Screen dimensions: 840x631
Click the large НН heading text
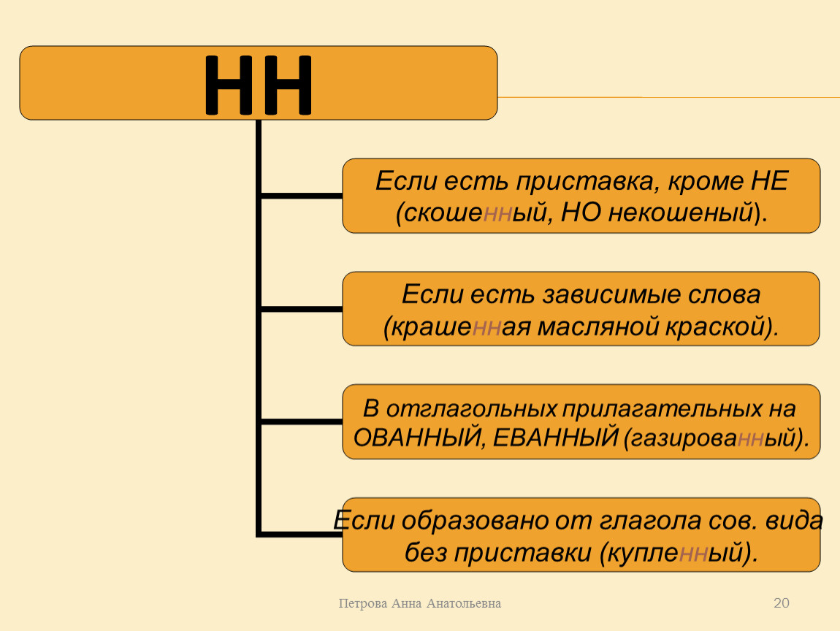point(258,85)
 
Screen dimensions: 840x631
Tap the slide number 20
point(781,603)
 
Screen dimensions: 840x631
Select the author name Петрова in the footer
point(363,604)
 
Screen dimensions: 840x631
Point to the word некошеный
point(680,213)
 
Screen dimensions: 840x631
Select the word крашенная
point(461,326)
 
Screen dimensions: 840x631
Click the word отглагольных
point(471,409)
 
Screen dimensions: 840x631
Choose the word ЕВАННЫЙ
point(556,438)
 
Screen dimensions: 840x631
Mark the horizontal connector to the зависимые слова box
point(302,309)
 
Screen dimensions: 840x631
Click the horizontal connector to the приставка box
point(302,196)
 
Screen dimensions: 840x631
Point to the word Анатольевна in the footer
point(464,604)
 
